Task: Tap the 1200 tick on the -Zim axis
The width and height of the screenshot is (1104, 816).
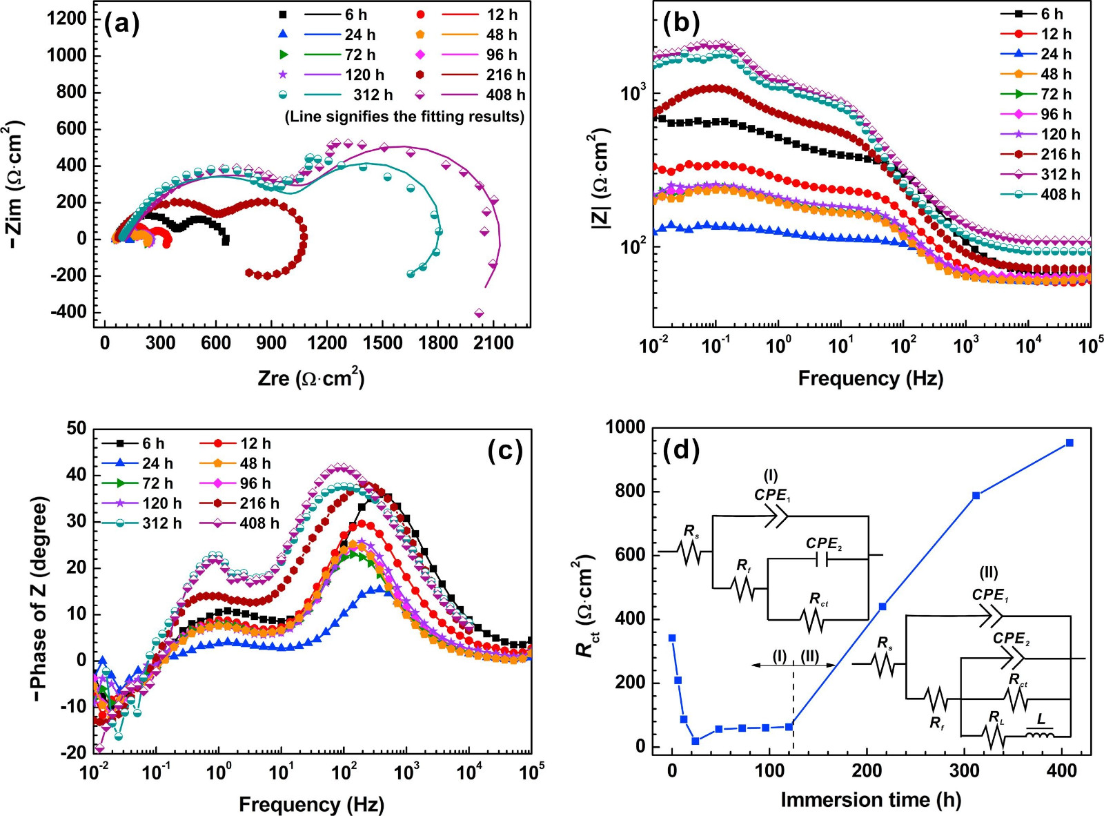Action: click(x=67, y=19)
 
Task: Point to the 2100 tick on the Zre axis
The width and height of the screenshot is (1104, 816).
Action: click(x=493, y=343)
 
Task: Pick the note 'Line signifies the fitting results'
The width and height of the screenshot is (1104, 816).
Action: click(x=404, y=117)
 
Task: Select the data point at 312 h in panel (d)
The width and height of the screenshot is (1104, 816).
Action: click(x=976, y=496)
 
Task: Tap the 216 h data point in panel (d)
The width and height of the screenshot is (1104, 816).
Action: click(x=883, y=606)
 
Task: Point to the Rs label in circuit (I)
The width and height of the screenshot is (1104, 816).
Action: click(x=691, y=531)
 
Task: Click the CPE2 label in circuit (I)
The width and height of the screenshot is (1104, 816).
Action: click(x=824, y=544)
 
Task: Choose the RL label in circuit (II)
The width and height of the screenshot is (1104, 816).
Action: click(x=996, y=718)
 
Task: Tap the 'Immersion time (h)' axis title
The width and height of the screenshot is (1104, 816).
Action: click(x=870, y=799)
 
